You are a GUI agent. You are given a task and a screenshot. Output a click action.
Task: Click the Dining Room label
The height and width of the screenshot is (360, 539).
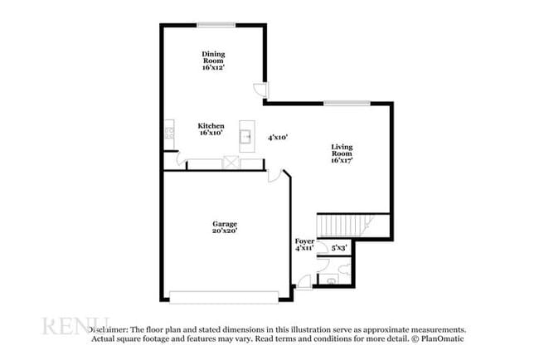coord(213,61)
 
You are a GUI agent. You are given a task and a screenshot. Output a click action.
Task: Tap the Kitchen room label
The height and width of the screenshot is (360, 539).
coord(211,129)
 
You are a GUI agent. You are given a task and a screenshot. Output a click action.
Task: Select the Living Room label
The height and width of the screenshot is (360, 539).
coord(342,154)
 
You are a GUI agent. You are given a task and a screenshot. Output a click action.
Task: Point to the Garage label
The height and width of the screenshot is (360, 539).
coord(224,227)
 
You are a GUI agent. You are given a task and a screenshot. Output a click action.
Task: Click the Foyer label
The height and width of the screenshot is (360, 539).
coord(304,245)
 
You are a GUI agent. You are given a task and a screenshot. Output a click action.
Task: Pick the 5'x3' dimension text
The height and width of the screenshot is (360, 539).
coord(338,247)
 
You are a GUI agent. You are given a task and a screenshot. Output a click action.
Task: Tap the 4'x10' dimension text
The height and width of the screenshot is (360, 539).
coord(277,138)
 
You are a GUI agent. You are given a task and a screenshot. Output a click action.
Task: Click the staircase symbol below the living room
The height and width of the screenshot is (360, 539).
coord(347,225)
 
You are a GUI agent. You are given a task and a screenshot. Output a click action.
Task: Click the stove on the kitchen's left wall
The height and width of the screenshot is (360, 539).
coord(169,129)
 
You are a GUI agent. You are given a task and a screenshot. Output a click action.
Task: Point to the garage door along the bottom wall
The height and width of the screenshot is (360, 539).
coord(222,296)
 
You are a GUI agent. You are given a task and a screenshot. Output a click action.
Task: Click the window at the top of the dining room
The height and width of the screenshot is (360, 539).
coord(216,25)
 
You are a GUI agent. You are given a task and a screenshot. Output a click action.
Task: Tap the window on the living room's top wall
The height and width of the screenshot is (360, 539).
coord(335,103)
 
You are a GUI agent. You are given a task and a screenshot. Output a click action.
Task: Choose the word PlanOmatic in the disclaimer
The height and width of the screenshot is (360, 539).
coord(443,338)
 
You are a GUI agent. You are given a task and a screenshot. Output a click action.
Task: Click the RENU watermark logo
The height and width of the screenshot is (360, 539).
coord(75,325)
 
